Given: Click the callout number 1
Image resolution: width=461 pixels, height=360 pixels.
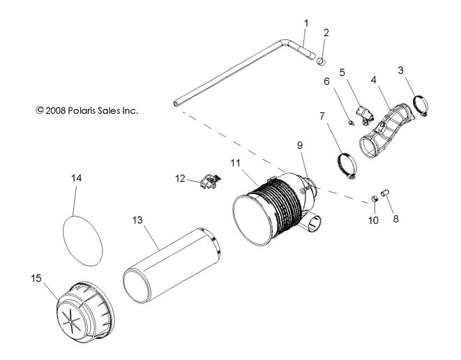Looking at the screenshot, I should point(305,23).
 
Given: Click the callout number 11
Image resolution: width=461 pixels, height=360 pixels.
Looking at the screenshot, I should point(236,163).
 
